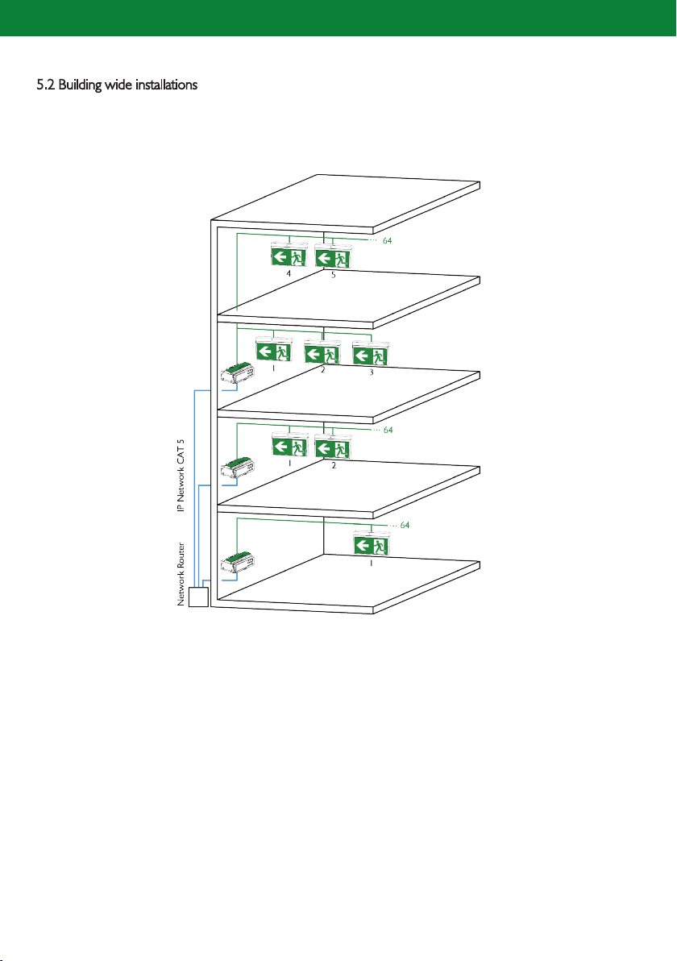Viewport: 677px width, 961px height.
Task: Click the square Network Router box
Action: click(198, 597)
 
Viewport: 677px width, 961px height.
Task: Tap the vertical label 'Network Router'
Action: click(181, 574)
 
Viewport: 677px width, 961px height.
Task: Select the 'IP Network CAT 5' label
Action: click(181, 476)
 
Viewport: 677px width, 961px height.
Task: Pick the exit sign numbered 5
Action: click(333, 256)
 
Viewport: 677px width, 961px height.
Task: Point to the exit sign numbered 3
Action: click(371, 354)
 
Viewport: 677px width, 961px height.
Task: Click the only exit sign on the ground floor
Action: click(372, 544)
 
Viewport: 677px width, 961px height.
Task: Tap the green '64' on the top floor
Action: click(387, 241)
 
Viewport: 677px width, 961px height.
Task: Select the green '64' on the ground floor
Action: click(405, 525)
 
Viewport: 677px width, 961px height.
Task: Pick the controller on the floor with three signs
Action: click(238, 374)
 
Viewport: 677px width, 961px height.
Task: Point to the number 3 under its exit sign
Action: click(372, 372)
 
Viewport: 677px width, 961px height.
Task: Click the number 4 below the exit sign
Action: click(289, 274)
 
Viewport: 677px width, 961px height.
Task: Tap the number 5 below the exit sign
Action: click(334, 275)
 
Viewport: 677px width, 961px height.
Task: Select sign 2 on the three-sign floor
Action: click(323, 352)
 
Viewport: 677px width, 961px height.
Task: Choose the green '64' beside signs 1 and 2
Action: click(388, 431)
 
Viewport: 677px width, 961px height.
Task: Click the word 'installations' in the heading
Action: click(166, 85)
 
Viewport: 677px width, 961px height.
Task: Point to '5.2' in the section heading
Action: click(45, 85)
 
